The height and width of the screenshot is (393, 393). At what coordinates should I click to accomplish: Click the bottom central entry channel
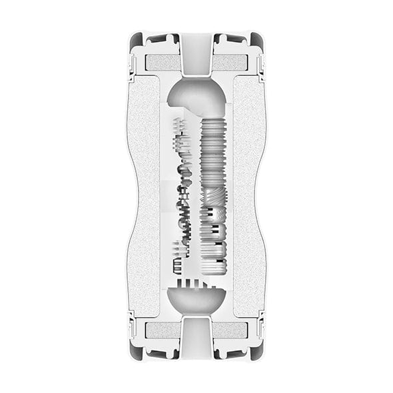[196, 340]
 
